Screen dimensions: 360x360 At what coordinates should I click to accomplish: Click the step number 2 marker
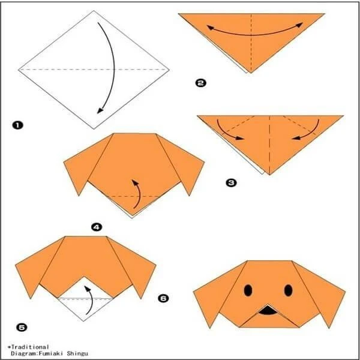tap(200, 83)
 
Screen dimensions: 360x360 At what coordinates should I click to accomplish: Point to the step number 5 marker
tap(22, 327)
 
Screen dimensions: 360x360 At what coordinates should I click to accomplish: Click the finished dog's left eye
tap(248, 290)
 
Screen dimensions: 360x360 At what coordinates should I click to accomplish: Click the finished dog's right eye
tap(288, 290)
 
